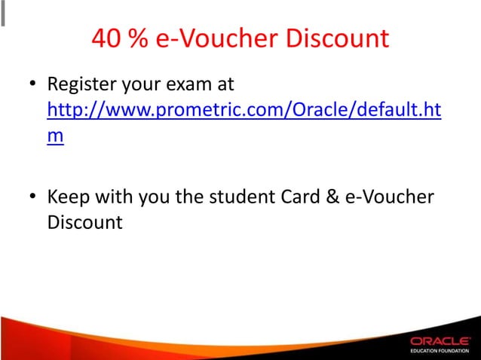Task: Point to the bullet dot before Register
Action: [34, 82]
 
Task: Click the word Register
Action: [81, 82]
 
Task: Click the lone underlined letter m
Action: [55, 139]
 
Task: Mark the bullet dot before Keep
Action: [34, 197]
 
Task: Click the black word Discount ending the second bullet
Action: [84, 224]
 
